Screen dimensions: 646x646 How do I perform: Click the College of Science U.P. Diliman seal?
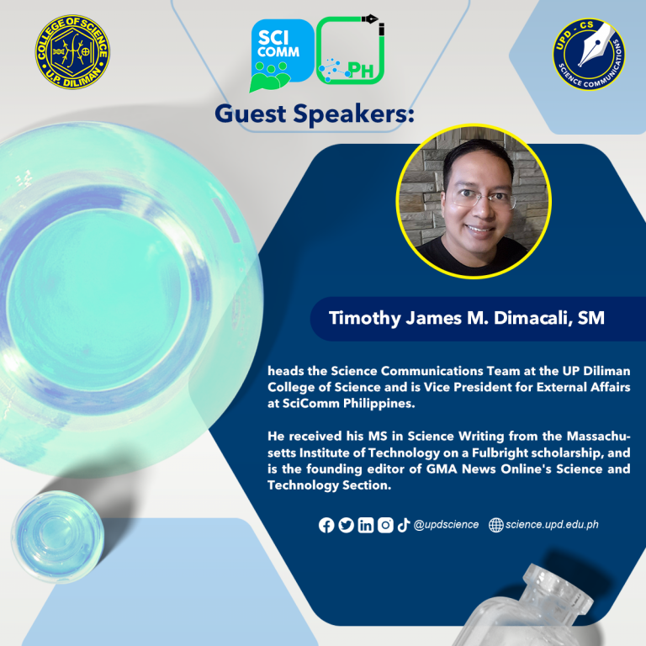72,52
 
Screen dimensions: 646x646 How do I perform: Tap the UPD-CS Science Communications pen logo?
589,54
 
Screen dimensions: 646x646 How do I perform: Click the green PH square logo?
351,50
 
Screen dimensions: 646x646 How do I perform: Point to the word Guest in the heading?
251,114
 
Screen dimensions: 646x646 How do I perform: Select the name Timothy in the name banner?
364,319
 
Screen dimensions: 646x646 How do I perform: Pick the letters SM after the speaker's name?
591,318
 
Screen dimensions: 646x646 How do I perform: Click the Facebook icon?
326,525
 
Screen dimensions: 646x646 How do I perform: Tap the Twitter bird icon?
346,525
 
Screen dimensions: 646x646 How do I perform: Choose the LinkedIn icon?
365,525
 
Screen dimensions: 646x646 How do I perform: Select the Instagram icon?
385,525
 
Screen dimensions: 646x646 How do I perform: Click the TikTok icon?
404,525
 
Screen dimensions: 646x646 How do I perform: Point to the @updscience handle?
446,525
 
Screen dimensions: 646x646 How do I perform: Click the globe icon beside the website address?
496,525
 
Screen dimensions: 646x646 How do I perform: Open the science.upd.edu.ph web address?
552,525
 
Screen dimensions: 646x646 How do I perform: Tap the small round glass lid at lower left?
57,537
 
